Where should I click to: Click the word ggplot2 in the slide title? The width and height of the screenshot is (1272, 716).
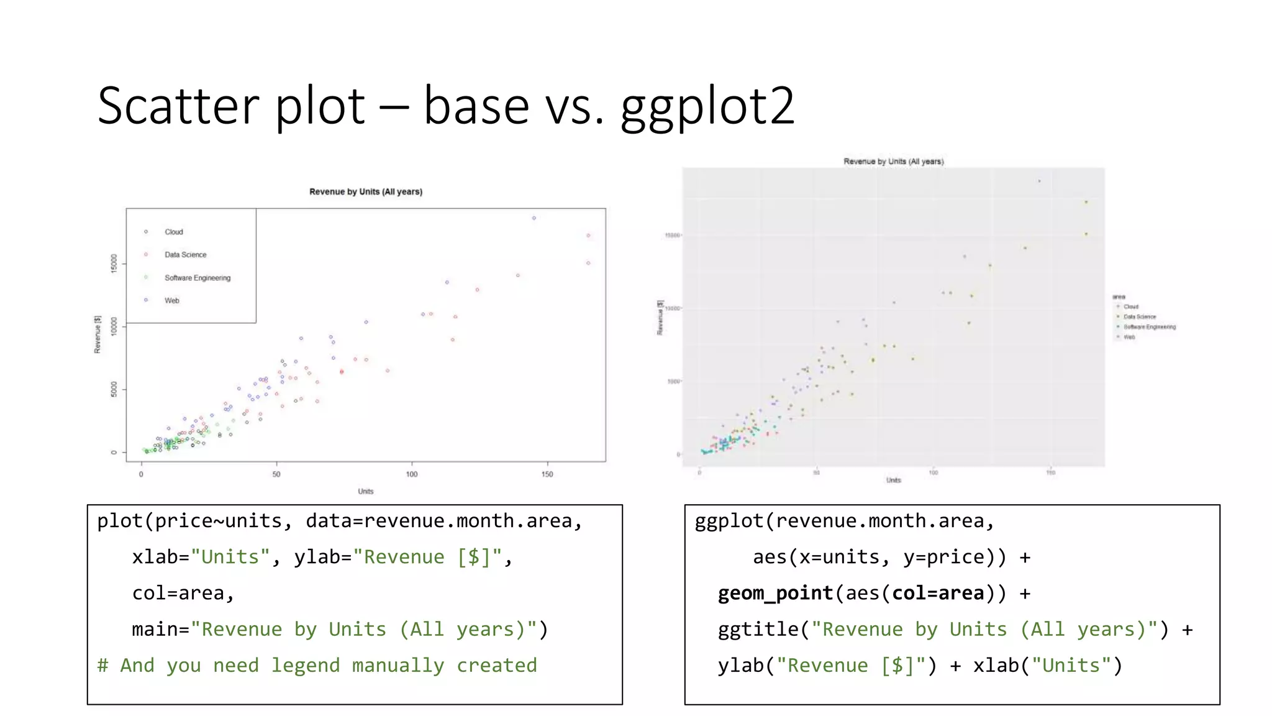(x=707, y=107)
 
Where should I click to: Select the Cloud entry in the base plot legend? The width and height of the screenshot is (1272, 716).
(x=173, y=232)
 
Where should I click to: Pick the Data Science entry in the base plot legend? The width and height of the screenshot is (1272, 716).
(x=185, y=255)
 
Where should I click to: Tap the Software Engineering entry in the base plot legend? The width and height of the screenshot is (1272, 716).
(x=197, y=278)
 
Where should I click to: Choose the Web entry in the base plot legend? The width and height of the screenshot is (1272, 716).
(x=171, y=301)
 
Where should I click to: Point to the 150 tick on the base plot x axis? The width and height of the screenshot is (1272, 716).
(x=547, y=474)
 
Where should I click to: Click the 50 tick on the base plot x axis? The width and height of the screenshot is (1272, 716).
(x=276, y=474)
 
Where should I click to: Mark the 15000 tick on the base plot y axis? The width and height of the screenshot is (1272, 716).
(x=114, y=263)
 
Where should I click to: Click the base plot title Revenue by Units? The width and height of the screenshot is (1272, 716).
(x=365, y=191)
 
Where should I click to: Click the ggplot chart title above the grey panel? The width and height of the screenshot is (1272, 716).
(x=893, y=162)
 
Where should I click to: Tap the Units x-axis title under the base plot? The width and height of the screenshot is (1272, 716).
(x=365, y=492)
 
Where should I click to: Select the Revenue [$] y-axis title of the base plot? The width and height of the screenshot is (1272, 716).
(x=98, y=334)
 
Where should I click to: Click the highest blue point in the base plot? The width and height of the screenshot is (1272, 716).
(x=534, y=218)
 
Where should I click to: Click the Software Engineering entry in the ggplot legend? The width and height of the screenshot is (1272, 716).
(x=1149, y=327)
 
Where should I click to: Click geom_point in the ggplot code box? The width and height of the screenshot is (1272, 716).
(x=775, y=593)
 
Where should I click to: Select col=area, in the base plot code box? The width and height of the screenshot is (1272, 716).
(x=183, y=593)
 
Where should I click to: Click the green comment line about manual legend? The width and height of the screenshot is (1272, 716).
(x=317, y=666)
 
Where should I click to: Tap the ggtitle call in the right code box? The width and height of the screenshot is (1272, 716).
(x=758, y=630)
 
